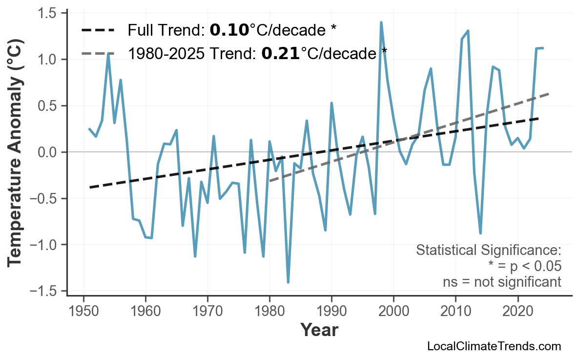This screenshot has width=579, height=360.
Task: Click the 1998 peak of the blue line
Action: point(381,22)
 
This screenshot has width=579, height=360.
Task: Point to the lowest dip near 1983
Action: point(288,282)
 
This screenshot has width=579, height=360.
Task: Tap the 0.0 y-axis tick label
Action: point(48,152)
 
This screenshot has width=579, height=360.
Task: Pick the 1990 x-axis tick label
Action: point(331,311)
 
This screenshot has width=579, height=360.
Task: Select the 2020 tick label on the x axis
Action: point(517,311)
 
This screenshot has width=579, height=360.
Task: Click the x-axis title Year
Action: point(319,331)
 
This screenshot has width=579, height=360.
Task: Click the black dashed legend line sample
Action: point(98,31)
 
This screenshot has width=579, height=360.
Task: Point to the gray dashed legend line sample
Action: point(98,53)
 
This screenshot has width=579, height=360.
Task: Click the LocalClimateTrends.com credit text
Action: point(494,346)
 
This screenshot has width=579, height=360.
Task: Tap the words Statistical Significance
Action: point(488,251)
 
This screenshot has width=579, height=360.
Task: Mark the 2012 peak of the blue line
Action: point(468,31)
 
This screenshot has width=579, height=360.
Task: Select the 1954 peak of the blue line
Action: point(108,53)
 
